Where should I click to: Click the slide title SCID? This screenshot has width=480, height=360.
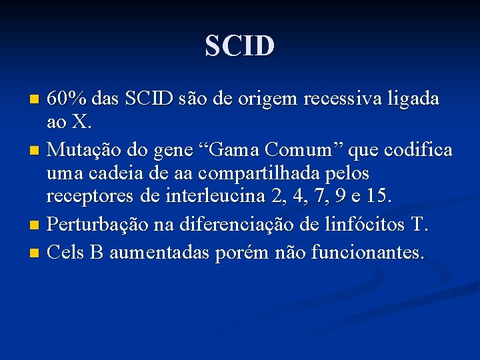(240, 46)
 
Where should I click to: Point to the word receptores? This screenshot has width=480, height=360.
(90, 197)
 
